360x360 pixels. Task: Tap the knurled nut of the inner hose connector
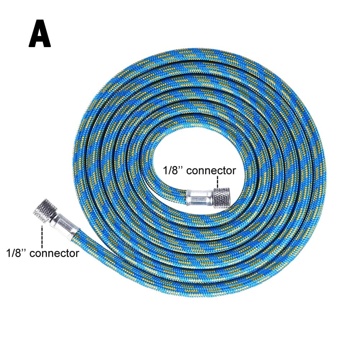(222, 198)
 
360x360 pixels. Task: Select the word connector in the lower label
(54, 253)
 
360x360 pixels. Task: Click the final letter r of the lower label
(77, 254)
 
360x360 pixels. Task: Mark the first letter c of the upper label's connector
(189, 171)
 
